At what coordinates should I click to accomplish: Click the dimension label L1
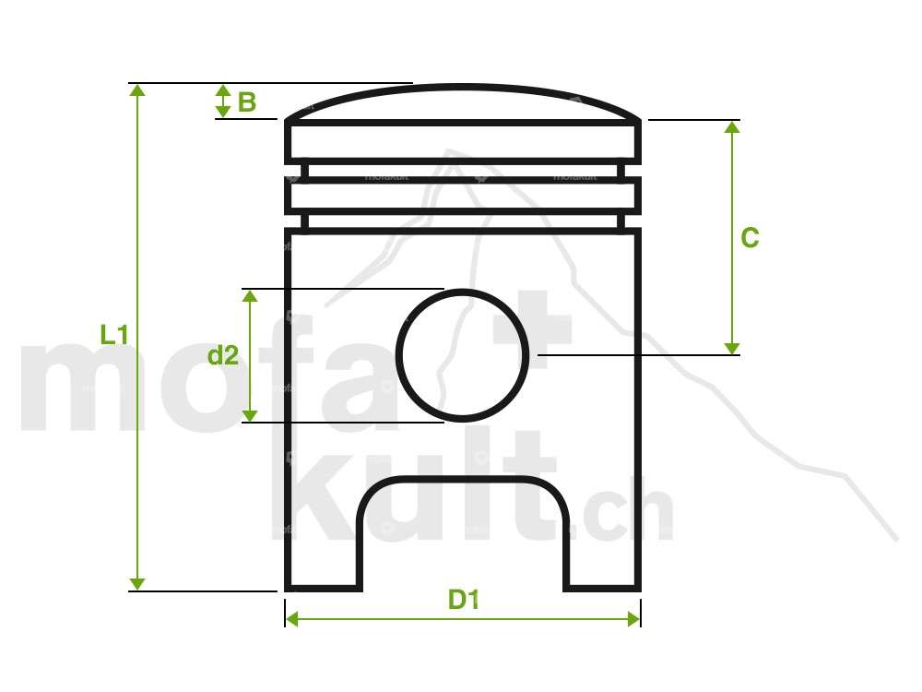coord(113,335)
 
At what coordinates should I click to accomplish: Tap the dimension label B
coord(247,101)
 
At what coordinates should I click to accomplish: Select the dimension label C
coord(750,238)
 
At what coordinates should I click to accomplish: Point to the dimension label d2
coord(222,355)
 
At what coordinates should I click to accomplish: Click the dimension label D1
coord(464,600)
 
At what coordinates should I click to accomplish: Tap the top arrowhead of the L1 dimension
coord(137,89)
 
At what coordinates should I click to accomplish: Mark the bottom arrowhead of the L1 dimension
coord(137,583)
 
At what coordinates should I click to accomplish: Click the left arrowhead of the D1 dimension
coord(292,619)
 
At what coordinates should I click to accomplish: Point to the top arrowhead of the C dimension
coord(732,127)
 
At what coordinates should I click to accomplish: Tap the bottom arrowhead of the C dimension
coord(732,348)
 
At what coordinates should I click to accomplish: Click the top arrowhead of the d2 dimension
coord(250,295)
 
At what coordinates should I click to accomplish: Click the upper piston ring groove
coord(463,172)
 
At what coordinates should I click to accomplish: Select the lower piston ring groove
coord(463,221)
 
